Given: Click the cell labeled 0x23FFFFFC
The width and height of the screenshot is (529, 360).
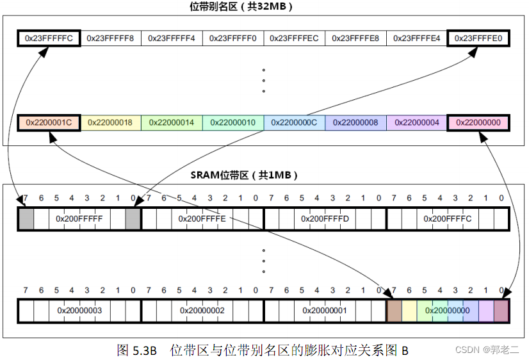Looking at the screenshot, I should (x=49, y=38).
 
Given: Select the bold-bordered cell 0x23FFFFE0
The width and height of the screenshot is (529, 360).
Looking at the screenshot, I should (x=478, y=38).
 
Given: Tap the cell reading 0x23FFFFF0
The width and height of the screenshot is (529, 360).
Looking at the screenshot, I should (x=233, y=38).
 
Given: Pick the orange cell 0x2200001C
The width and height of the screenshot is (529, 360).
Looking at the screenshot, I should (x=49, y=122).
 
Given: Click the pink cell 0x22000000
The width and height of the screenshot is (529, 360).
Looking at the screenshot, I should (x=478, y=122).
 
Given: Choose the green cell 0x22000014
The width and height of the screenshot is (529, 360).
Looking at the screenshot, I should (x=172, y=122).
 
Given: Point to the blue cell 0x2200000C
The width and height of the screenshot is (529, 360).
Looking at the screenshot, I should (x=295, y=122).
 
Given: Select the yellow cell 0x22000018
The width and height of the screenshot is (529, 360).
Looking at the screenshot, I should (x=110, y=122).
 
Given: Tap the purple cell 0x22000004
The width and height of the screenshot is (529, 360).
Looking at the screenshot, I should (x=417, y=122).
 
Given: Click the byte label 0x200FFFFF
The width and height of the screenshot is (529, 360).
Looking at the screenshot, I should (x=79, y=219).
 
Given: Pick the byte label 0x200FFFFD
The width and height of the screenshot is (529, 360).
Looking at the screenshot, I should (x=325, y=219).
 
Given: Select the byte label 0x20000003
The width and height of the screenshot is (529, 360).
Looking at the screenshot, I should (x=79, y=311).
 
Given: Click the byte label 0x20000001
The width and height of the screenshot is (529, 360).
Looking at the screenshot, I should (x=325, y=311).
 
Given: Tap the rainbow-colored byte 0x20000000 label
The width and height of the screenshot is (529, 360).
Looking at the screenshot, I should (x=448, y=311).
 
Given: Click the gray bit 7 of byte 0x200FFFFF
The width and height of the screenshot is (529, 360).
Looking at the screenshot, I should (x=26, y=219).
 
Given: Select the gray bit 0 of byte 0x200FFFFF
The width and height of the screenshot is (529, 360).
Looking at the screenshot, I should (x=133, y=219).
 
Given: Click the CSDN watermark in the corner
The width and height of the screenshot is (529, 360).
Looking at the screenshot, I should (x=488, y=350).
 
